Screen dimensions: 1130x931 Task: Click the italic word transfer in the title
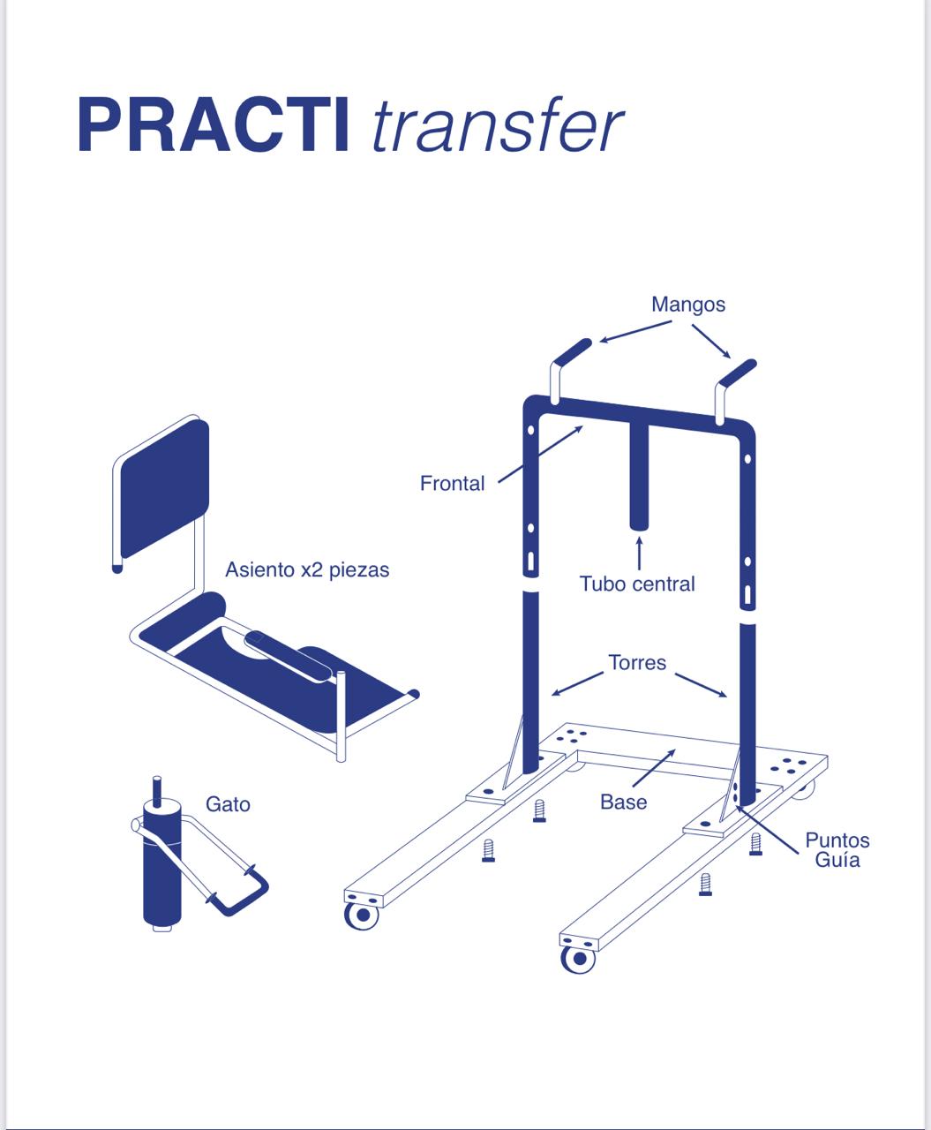(497, 127)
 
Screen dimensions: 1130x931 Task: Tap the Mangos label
(687, 305)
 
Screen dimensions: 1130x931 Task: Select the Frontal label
(452, 483)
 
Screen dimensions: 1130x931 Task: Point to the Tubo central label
(637, 584)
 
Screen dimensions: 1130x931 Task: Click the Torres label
(637, 662)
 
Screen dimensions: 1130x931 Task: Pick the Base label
(623, 802)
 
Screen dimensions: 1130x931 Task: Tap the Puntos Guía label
(837, 849)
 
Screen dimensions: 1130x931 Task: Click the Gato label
(228, 804)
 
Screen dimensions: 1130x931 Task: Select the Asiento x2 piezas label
(307, 569)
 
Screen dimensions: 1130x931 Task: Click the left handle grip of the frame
(573, 350)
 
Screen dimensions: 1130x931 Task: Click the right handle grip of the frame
(738, 373)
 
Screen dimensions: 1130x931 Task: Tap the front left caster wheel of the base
(361, 915)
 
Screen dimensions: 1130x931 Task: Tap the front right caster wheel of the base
(578, 959)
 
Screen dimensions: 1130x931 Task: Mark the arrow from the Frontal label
(540, 455)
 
